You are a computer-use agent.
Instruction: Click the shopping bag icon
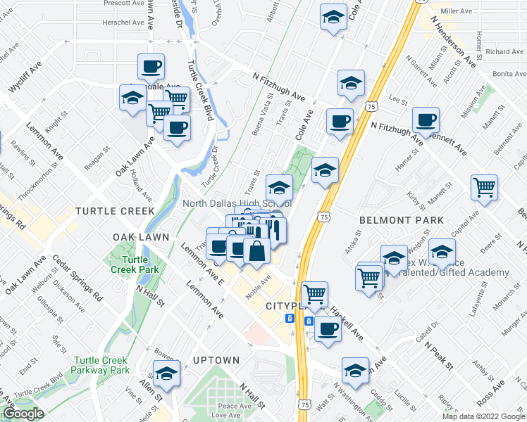coord(257,250)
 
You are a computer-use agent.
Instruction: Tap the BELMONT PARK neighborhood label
coord(402,220)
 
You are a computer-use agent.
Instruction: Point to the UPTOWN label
coord(217,360)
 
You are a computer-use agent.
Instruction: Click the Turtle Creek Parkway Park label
coord(100,364)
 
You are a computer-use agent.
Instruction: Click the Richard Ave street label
coord(504,51)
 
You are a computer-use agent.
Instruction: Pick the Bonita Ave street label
coord(510,73)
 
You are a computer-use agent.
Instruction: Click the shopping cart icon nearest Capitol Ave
coord(484,187)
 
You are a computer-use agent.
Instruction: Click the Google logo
coord(23,414)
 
